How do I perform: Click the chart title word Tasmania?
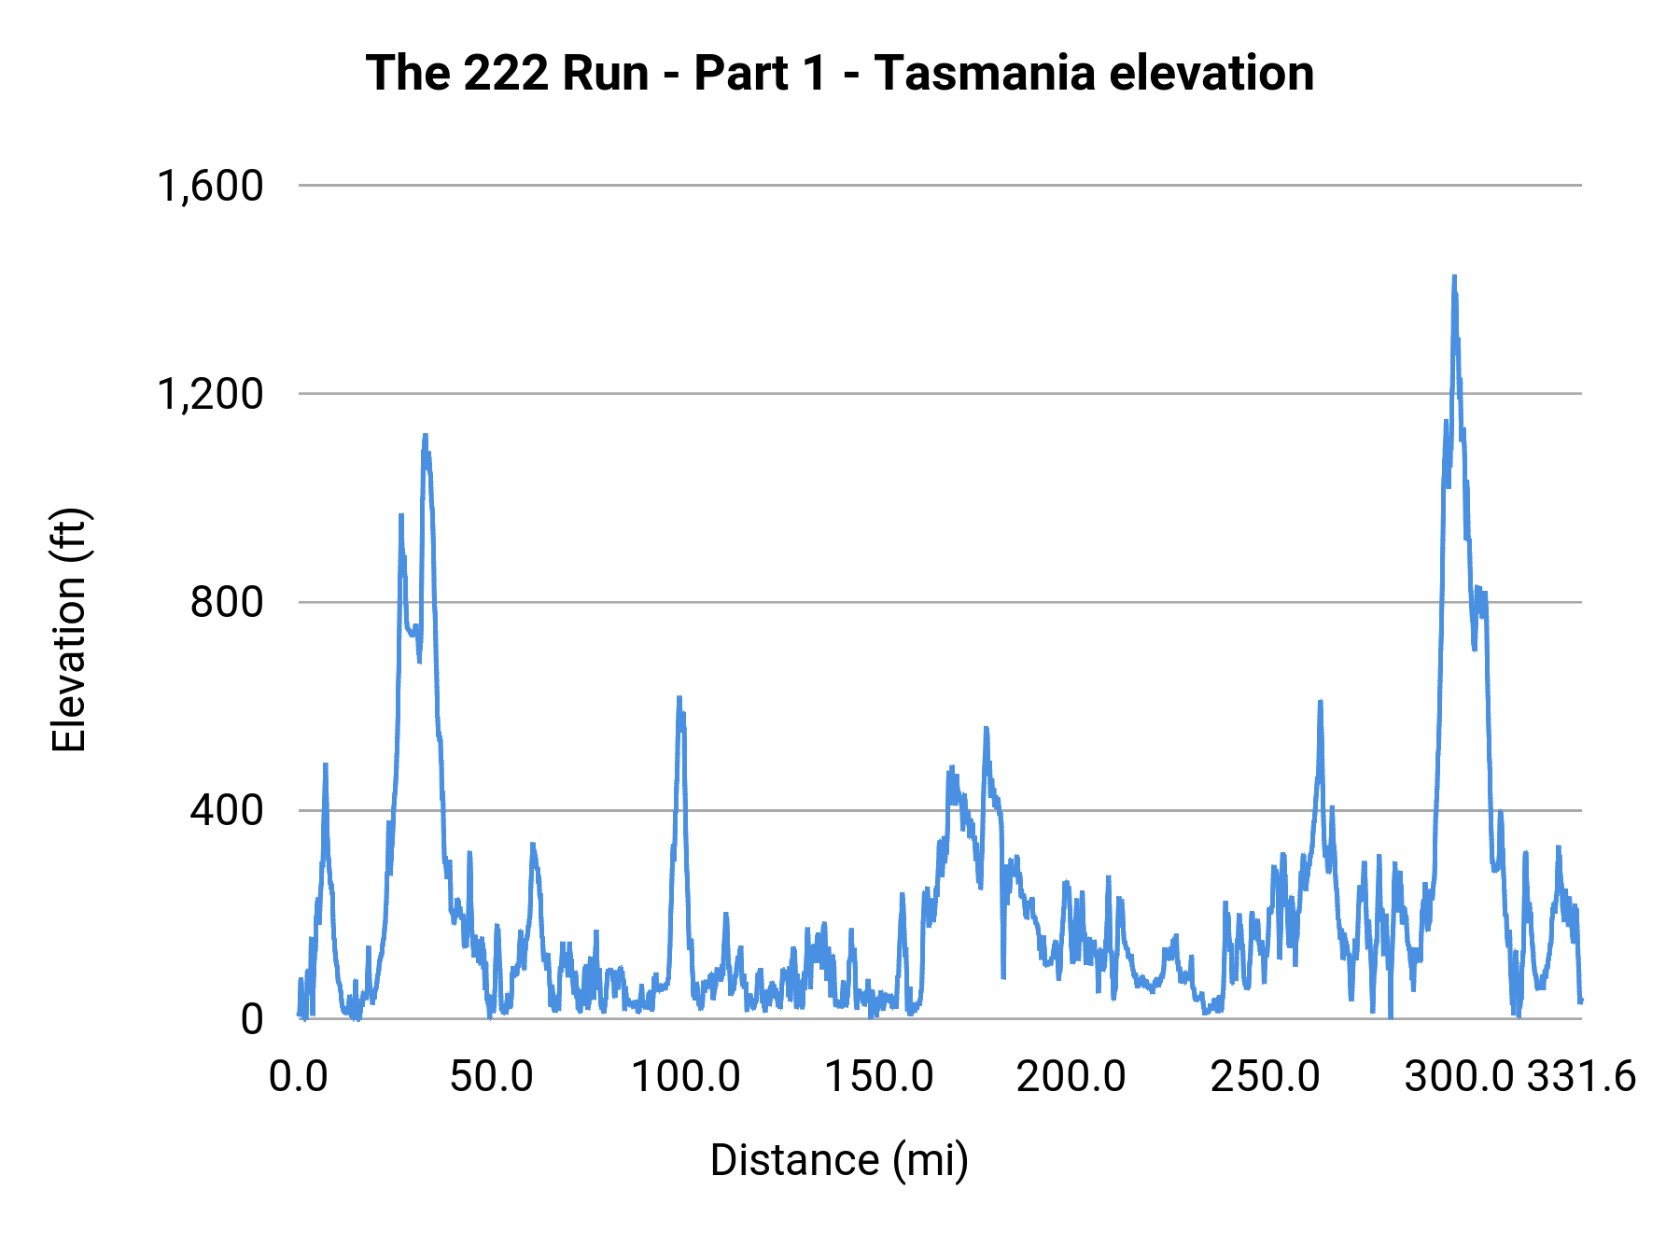click(x=984, y=73)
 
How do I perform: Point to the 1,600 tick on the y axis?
click(x=211, y=186)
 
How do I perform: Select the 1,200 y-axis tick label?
click(x=211, y=394)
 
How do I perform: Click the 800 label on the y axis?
click(x=227, y=602)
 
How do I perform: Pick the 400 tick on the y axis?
click(x=227, y=810)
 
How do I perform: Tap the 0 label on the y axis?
click(x=252, y=1019)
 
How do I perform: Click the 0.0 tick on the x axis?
click(x=299, y=1077)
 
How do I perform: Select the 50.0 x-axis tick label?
click(x=491, y=1077)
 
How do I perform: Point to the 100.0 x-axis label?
click(x=686, y=1077)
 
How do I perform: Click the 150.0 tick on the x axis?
click(x=879, y=1077)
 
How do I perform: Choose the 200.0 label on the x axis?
click(x=1071, y=1077)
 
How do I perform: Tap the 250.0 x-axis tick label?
click(x=1266, y=1077)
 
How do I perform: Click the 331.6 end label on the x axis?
click(x=1581, y=1077)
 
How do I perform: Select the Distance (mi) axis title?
click(x=839, y=1160)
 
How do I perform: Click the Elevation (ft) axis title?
click(x=69, y=630)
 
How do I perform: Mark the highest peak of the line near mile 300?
click(x=1454, y=277)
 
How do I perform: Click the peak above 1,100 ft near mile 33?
click(x=425, y=435)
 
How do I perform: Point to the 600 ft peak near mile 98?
click(x=679, y=697)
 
